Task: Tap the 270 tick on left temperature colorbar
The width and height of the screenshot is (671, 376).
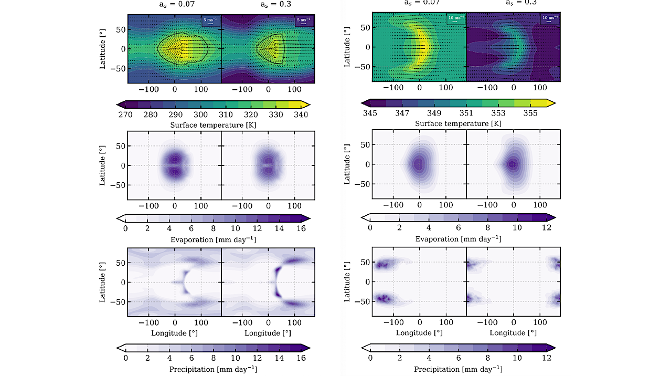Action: (x=125, y=114)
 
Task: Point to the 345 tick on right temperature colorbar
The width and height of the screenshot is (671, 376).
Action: (x=370, y=113)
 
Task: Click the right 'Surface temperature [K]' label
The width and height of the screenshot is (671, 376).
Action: (x=458, y=124)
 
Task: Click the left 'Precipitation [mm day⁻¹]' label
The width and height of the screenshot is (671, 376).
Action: (x=213, y=369)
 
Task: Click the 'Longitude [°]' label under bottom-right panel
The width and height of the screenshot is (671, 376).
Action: (x=513, y=332)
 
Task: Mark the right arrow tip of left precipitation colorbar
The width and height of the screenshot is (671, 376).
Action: (x=310, y=347)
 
